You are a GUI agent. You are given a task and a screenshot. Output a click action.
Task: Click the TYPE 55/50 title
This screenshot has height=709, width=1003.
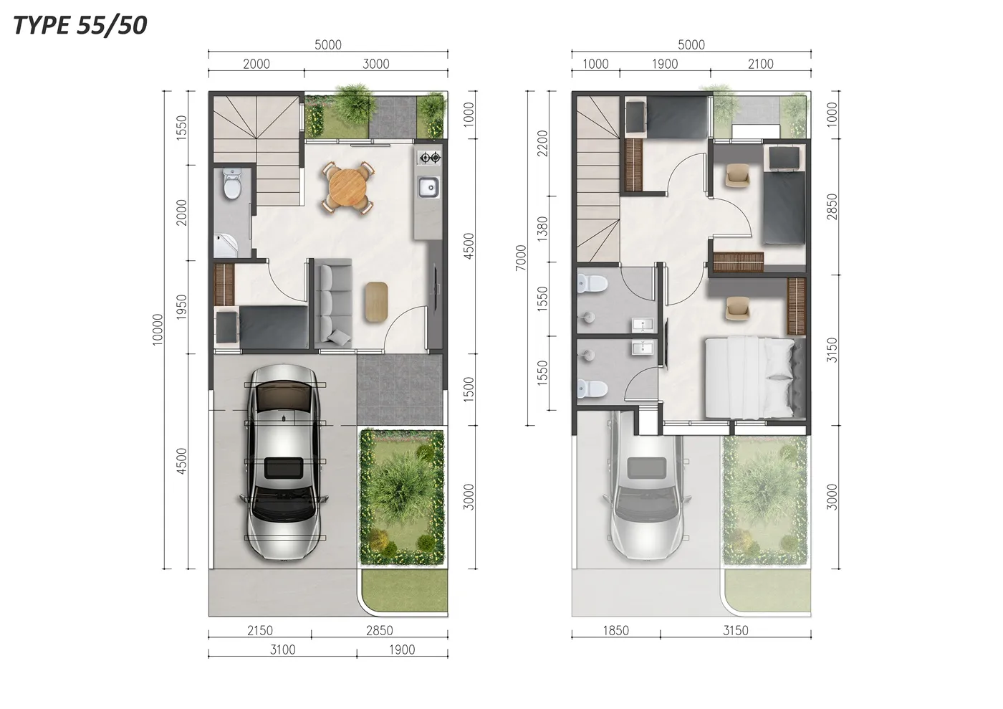click(80, 25)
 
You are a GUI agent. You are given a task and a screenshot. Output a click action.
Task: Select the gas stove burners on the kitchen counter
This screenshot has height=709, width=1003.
click(429, 157)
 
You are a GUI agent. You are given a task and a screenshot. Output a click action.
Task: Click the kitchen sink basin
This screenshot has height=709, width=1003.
click(428, 187)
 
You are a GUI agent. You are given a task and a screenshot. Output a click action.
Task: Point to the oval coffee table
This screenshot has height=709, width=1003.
click(376, 302)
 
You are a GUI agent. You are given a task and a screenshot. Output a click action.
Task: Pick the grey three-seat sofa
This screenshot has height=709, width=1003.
click(333, 303)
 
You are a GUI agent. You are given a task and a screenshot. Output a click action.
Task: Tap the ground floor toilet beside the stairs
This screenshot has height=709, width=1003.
click(232, 184)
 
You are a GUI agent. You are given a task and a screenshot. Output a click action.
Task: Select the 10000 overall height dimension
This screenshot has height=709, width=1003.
click(158, 329)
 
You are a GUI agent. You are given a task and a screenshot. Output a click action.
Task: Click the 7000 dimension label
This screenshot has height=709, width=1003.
click(521, 257)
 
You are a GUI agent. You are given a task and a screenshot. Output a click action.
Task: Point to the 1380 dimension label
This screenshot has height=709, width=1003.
click(542, 229)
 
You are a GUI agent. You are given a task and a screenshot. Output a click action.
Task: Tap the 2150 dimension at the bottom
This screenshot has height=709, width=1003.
click(259, 631)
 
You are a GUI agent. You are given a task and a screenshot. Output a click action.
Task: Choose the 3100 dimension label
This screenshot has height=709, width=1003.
click(282, 649)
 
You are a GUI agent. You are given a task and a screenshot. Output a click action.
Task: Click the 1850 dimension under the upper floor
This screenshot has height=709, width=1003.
click(615, 631)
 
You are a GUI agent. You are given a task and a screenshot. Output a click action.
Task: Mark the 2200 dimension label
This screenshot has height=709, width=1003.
click(542, 143)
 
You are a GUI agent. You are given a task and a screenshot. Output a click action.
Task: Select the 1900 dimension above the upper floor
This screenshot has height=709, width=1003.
click(665, 64)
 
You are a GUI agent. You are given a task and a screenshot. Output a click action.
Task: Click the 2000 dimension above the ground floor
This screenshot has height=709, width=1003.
click(256, 64)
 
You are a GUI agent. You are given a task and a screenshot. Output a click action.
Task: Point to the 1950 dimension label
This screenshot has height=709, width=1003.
click(181, 307)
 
